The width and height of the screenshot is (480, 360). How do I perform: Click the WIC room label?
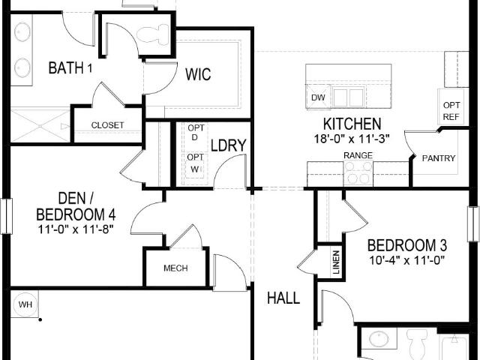click(x=198, y=74)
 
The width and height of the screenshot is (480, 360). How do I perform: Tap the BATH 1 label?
click(x=70, y=67)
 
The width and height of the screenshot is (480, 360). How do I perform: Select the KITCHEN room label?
click(x=352, y=124)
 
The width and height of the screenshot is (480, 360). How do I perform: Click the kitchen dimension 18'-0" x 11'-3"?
click(x=352, y=139)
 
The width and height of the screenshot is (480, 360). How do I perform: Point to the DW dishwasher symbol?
click(x=318, y=97)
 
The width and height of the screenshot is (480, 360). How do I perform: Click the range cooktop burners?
click(x=358, y=173)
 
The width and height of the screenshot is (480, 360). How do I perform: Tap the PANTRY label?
click(x=438, y=158)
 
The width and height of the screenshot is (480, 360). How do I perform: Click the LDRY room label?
click(x=228, y=145)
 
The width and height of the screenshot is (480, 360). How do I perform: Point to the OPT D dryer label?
click(x=196, y=133)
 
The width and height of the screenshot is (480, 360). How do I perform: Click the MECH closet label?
click(x=175, y=268)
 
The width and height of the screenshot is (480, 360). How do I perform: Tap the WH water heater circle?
click(x=25, y=304)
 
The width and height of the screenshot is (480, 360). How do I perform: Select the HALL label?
click(x=283, y=298)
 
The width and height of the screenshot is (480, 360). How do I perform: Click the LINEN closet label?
click(x=336, y=262)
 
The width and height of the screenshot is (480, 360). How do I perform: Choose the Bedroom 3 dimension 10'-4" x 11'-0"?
click(x=406, y=260)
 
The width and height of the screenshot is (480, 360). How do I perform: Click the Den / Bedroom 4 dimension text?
click(x=76, y=229)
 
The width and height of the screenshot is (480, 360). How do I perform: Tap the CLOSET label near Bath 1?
click(x=107, y=125)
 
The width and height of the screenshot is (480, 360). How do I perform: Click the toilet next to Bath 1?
click(x=152, y=34)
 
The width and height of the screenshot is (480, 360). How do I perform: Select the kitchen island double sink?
click(x=349, y=97)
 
